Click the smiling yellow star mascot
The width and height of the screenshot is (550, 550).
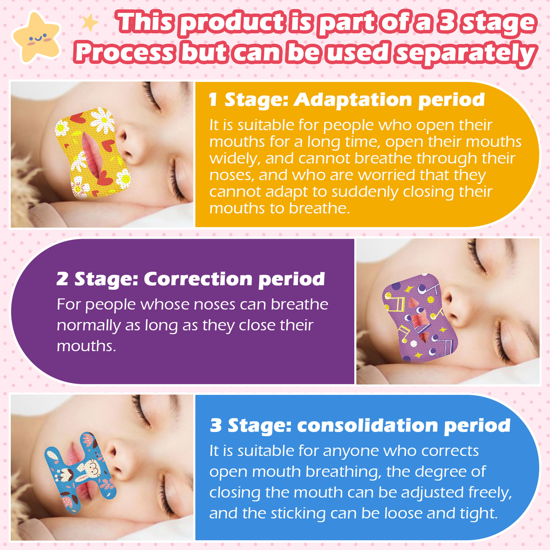click(x=36, y=37)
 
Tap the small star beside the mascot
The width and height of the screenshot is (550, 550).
click(x=90, y=23)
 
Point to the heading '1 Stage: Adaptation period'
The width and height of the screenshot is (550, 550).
click(x=347, y=100)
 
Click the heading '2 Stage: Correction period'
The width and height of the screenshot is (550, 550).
click(x=191, y=279)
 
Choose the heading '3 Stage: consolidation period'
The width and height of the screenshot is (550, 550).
click(x=360, y=426)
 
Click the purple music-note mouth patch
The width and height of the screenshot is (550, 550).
click(x=420, y=318)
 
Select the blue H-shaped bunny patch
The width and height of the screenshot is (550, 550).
click(x=80, y=473)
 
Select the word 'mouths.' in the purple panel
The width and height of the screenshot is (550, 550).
click(x=86, y=346)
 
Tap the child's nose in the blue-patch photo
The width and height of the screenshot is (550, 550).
click(x=119, y=461)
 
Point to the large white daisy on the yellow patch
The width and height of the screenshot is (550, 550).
click(x=102, y=120)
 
